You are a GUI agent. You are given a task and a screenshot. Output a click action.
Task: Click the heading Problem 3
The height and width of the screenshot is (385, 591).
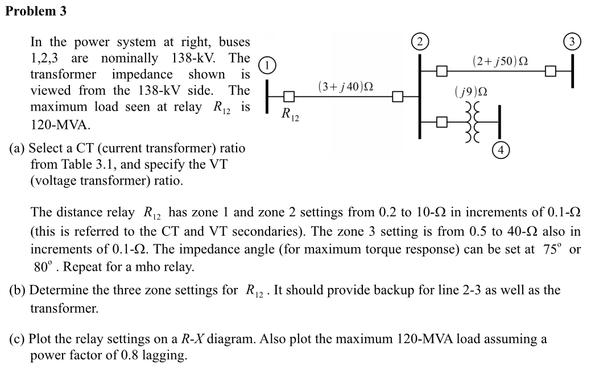pyautogui.click(x=36, y=11)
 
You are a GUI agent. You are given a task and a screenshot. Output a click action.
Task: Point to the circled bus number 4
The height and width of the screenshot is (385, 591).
pyautogui.click(x=501, y=150)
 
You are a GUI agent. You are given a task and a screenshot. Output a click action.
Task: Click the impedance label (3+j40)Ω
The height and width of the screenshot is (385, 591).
pyautogui.click(x=345, y=86)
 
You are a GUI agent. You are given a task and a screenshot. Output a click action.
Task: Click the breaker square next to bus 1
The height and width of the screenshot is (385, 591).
pyautogui.click(x=289, y=97)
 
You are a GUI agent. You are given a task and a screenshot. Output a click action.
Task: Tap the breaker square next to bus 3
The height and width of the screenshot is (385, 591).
pyautogui.click(x=549, y=71)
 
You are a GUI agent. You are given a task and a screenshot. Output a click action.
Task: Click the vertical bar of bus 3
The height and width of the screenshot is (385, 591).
pyautogui.click(x=573, y=70)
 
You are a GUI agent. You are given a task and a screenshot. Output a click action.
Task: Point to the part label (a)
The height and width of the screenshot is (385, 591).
pyautogui.click(x=18, y=148)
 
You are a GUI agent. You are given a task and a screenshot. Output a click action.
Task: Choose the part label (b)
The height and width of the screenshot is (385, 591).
pyautogui.click(x=18, y=290)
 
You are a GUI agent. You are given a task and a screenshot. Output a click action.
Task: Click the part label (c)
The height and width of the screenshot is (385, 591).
pyautogui.click(x=18, y=339)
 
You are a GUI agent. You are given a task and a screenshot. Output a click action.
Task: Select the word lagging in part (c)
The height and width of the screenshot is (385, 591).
pyautogui.click(x=166, y=355)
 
